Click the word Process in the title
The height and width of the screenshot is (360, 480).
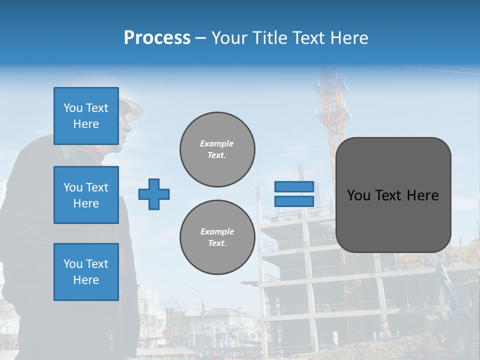[157, 38]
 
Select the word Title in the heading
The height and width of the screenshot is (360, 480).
[273, 38]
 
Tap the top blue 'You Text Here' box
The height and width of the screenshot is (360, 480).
[86, 116]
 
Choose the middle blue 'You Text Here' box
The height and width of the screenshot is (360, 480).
[86, 195]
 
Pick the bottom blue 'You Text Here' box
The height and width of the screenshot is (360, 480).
[86, 272]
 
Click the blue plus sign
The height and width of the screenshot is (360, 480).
[154, 194]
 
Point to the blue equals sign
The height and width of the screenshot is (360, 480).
[294, 194]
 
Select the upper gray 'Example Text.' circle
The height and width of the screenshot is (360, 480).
[217, 149]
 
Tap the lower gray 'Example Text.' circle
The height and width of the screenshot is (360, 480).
[217, 237]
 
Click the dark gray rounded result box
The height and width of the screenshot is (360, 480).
[393, 195]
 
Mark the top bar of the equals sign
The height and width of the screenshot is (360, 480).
[294, 186]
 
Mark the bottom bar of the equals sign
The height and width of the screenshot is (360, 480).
[294, 201]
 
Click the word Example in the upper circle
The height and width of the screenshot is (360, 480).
[217, 143]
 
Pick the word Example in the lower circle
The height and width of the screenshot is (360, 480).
[217, 231]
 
